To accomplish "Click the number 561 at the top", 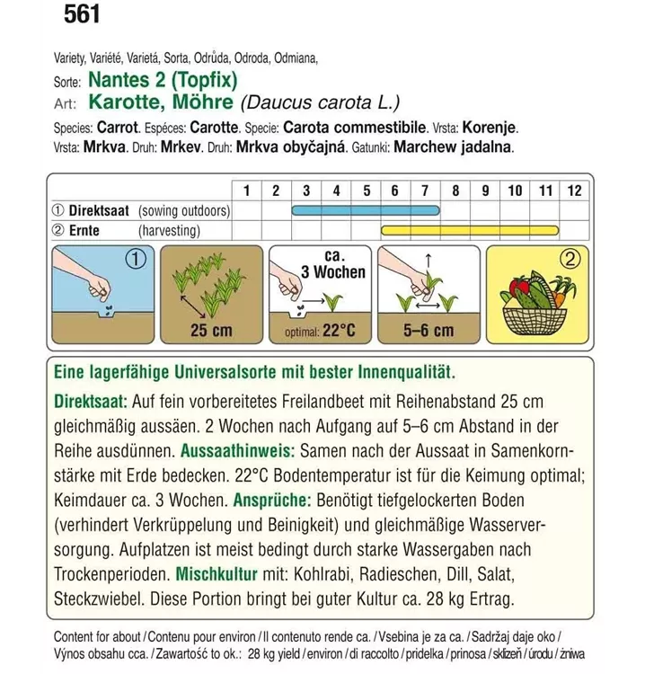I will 81,15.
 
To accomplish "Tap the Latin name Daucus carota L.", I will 319,103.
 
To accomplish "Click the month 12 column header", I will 575,191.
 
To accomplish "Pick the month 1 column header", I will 246,191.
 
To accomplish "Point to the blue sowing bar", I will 366,211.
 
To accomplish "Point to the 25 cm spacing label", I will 211,331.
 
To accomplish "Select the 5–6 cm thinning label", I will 429,331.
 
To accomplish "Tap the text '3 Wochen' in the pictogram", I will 333,272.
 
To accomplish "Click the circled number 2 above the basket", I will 569,262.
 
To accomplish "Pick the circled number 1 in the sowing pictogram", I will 134,262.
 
